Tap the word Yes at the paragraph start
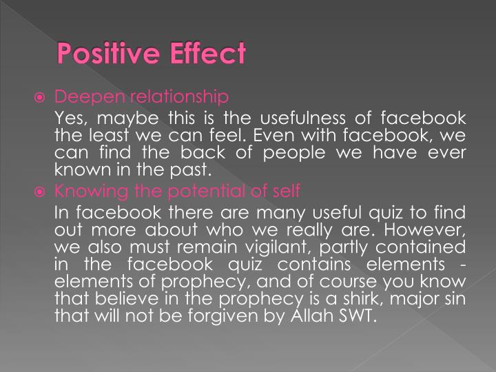(70, 118)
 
